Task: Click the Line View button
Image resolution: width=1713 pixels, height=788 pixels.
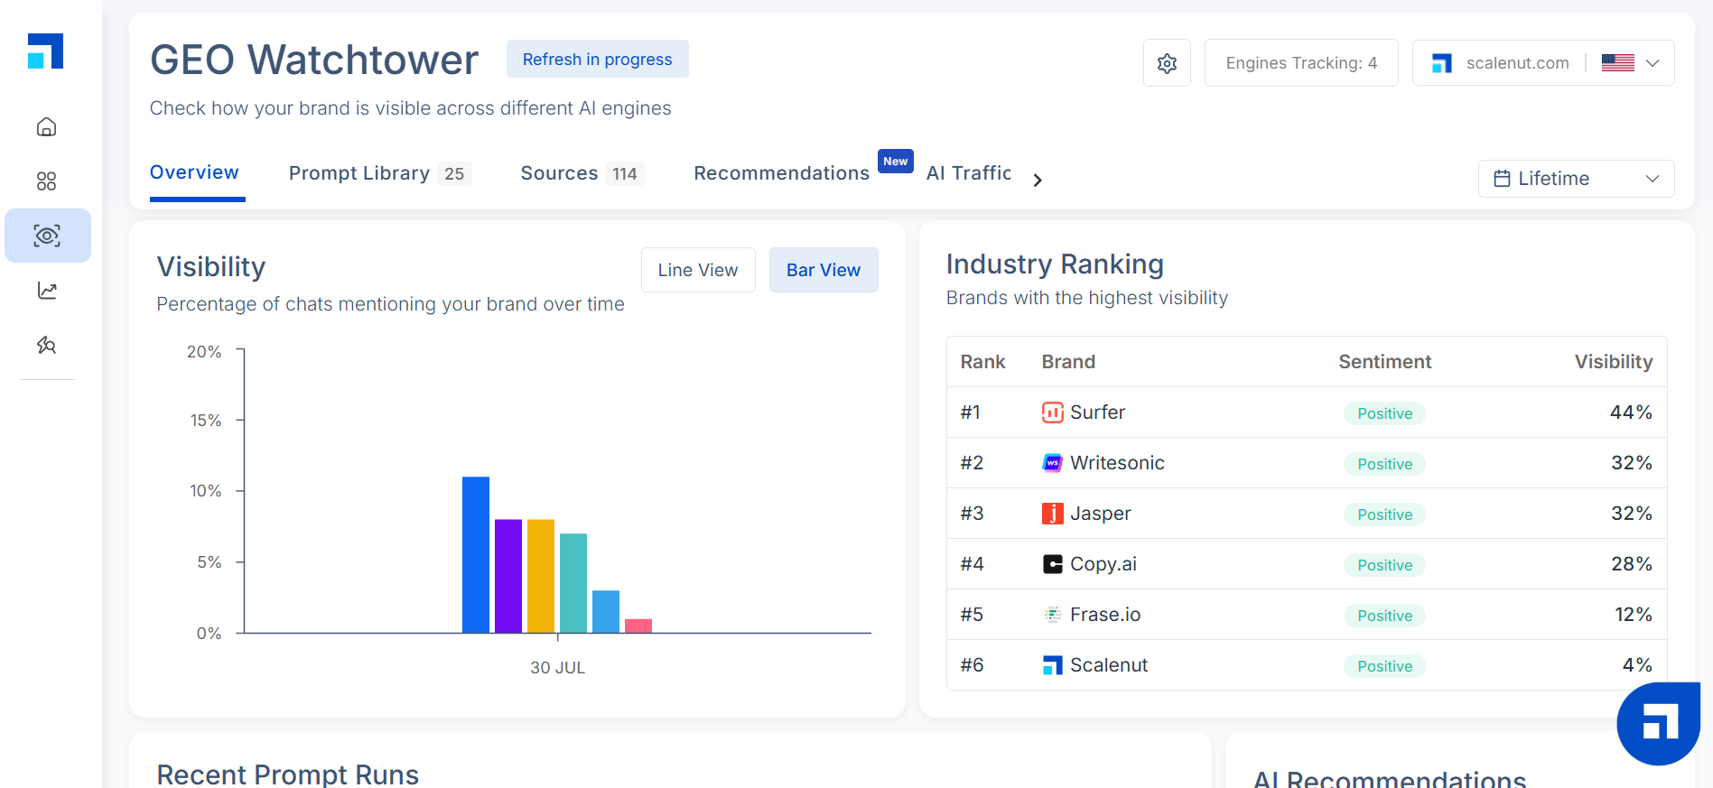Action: point(698,270)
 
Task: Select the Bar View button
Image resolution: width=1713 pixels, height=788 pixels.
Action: point(823,270)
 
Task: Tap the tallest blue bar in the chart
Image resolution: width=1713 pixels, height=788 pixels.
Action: point(476,554)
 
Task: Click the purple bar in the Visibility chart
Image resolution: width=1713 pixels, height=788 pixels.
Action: point(508,576)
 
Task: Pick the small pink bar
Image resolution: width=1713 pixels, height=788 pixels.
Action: point(638,626)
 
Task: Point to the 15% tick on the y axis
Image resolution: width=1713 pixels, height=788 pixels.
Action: point(206,421)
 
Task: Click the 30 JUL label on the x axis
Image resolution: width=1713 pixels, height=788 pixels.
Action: point(557,668)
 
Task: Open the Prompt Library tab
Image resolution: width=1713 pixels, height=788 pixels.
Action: point(359,173)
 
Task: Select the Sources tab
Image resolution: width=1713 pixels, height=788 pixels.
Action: point(559,173)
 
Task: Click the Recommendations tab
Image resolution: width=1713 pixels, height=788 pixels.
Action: point(781,173)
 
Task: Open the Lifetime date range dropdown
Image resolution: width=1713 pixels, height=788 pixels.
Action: point(1576,179)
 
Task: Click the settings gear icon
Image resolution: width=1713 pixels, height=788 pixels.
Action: point(1167,63)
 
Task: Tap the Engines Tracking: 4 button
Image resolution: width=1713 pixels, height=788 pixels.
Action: point(1300,63)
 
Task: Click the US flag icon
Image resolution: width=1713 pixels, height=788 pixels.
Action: point(1617,63)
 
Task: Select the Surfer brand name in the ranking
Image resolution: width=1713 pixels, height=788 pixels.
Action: point(1097,413)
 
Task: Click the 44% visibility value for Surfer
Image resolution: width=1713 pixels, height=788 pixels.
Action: point(1631,413)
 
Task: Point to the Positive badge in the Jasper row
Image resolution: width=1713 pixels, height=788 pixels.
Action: point(1384,515)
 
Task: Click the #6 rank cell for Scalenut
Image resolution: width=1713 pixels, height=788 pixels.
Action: point(972,665)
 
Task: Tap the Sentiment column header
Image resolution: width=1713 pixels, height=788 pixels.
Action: point(1384,362)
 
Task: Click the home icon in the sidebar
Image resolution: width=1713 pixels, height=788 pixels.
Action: point(47,127)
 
